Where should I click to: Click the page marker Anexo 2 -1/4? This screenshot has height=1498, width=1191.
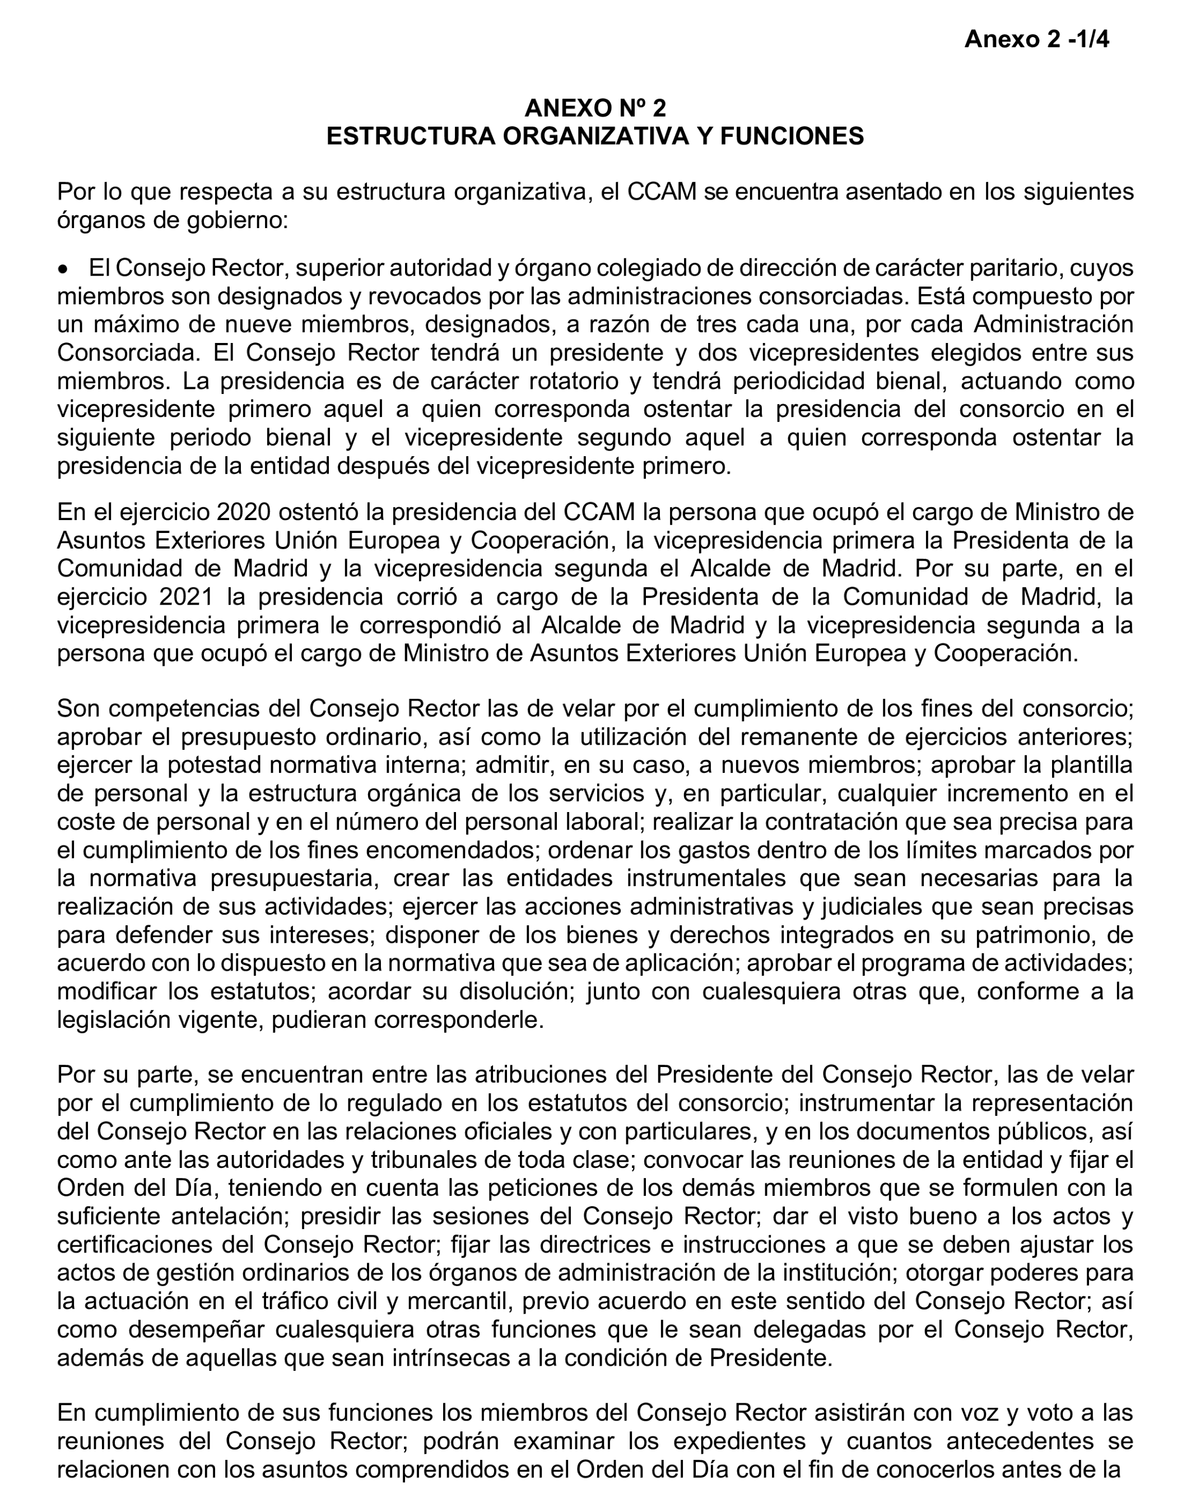[1036, 40]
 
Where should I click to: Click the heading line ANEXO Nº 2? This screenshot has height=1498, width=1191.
[594, 108]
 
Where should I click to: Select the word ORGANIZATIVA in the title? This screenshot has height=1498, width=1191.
[592, 136]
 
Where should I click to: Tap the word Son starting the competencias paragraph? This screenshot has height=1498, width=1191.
[78, 709]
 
